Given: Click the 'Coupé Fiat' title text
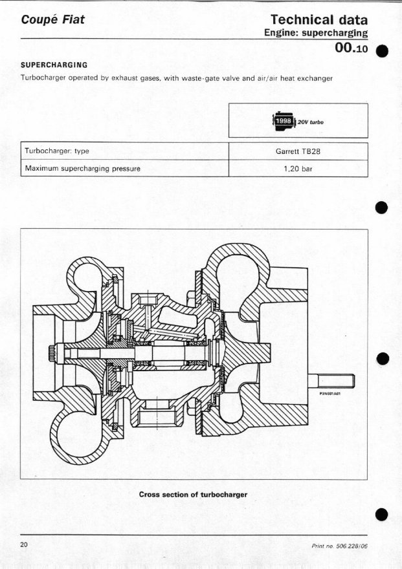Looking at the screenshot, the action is point(52,20).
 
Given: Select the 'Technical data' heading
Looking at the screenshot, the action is point(319,19).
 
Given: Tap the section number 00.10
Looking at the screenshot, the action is point(351,48).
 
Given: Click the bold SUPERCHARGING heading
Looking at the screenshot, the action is point(54,65).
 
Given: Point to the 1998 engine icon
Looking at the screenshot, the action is point(284,121).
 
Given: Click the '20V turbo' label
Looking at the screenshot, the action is point(311,122).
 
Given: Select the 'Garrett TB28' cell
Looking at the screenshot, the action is point(298,151).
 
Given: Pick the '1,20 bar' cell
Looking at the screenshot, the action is point(298,169).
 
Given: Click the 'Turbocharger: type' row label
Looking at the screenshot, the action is point(57,151).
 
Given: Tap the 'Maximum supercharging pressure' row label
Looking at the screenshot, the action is point(83,168).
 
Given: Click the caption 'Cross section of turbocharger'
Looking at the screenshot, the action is point(193,495).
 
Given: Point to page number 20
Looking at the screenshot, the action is point(24,544).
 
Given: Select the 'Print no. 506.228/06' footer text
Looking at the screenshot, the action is point(340,546).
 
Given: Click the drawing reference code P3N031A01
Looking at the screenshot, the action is point(329,393).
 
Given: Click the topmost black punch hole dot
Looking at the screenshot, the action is point(382,51).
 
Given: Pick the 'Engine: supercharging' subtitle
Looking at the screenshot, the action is point(316,33).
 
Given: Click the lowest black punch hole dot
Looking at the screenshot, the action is point(382,514).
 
